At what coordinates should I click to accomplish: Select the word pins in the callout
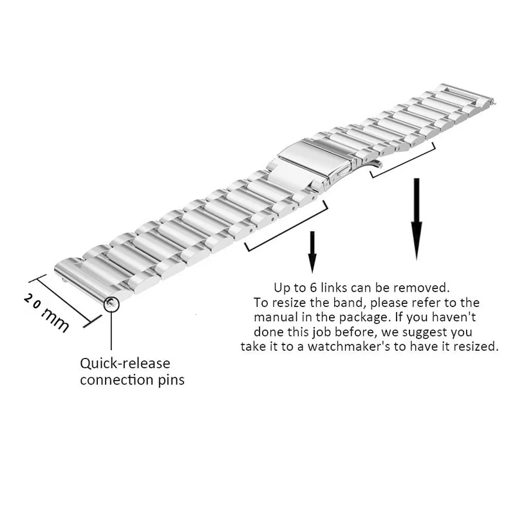tap(170, 380)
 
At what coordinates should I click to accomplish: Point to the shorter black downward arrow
tap(312, 251)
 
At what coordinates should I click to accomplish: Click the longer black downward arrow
tap(417, 219)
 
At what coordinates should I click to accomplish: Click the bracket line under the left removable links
tap(286, 227)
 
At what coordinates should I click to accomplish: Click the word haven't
tap(454, 317)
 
